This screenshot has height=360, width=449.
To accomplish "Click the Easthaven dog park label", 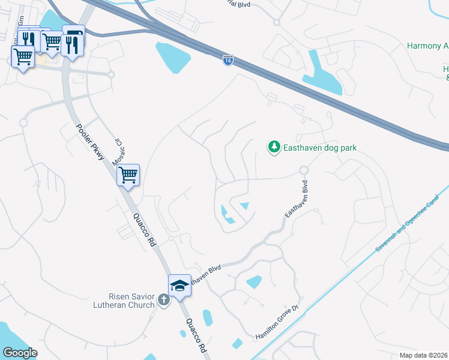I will click(x=320, y=148).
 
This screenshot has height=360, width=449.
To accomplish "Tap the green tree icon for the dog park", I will click(x=274, y=147).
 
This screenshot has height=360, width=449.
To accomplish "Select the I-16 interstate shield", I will click(x=228, y=61).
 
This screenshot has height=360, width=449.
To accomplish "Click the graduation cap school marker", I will click(x=179, y=286).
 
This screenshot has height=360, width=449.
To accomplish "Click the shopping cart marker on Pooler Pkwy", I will click(x=128, y=175).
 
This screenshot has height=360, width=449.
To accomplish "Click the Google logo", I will click(x=20, y=353).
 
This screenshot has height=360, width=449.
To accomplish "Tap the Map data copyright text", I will click(x=424, y=355).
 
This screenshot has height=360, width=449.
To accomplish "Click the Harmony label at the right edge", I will click(x=427, y=46).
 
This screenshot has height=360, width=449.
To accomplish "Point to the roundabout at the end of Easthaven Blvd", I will click(x=304, y=170).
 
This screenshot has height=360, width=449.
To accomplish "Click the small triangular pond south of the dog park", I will click(x=244, y=206).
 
